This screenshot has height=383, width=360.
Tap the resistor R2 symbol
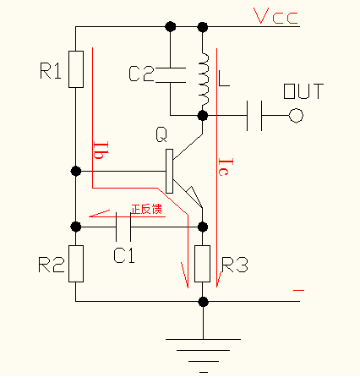76,263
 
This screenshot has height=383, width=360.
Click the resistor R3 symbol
203,263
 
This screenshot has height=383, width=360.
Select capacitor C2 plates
170,74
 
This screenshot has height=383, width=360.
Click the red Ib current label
100,150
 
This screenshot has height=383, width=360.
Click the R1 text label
51,71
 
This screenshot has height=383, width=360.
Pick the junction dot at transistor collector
203,115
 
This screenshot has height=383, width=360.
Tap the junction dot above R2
76,227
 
